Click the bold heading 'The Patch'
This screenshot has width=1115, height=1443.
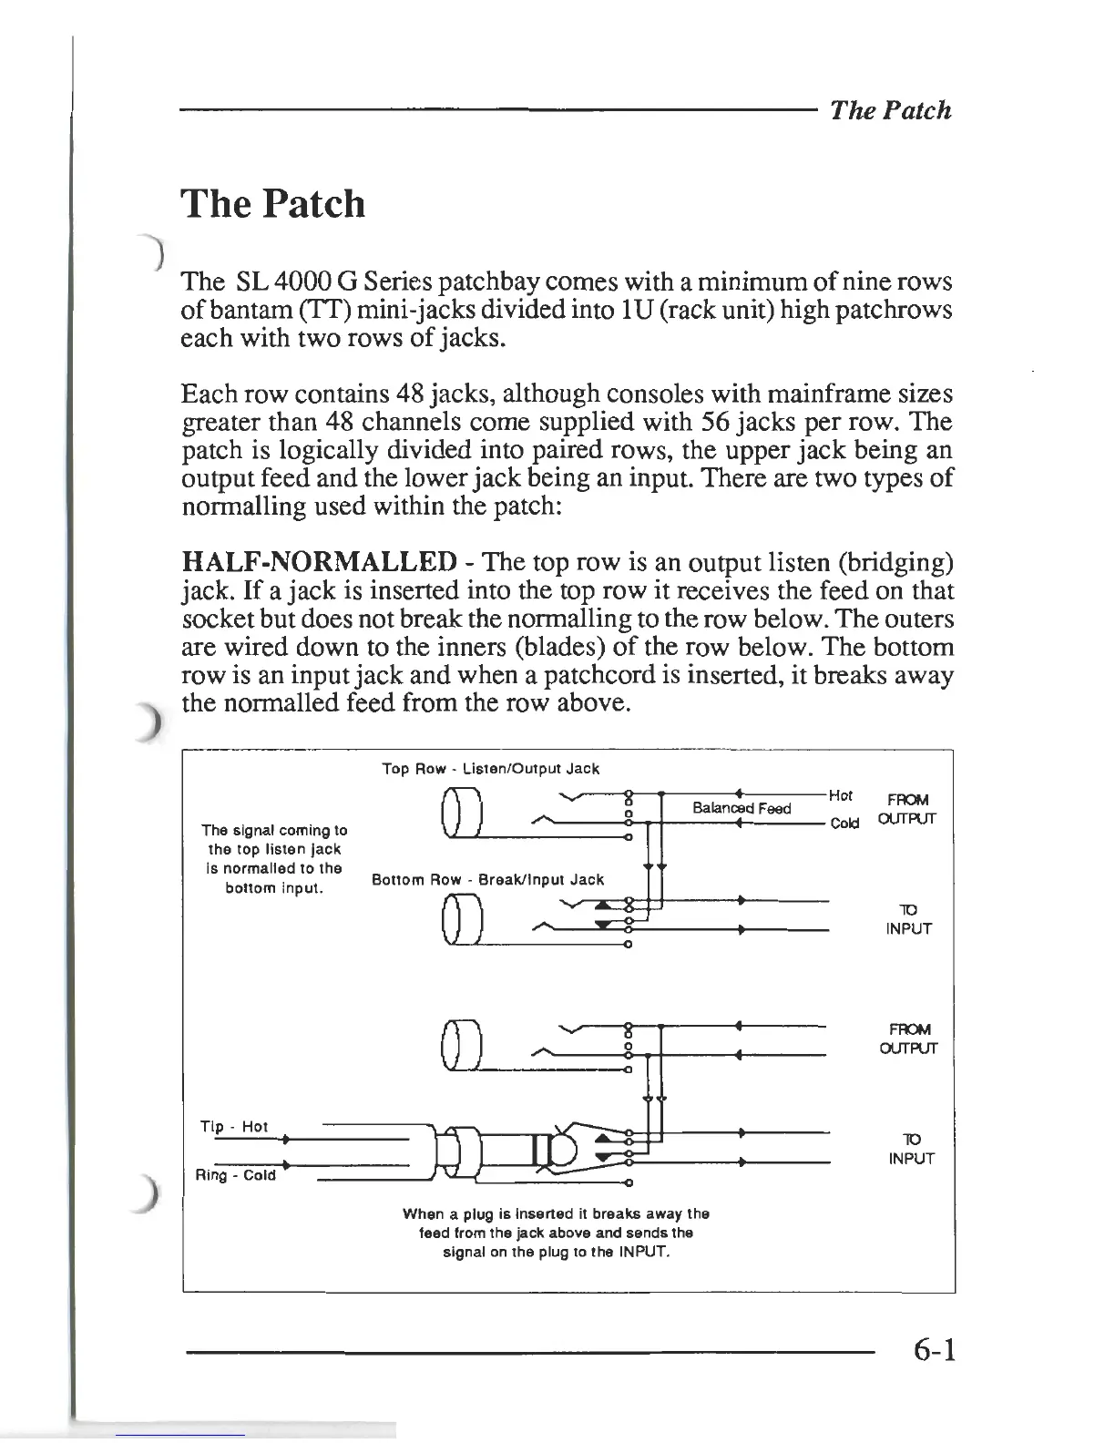click(x=273, y=203)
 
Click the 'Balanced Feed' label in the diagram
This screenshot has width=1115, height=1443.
click(x=742, y=808)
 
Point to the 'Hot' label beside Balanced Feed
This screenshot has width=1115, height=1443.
click(x=841, y=795)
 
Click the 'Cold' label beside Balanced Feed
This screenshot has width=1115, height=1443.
click(x=844, y=824)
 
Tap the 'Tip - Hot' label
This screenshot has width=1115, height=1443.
click(x=234, y=1127)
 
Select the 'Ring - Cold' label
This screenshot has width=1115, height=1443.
click(x=236, y=1175)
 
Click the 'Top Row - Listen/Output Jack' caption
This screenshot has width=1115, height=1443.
click(x=490, y=769)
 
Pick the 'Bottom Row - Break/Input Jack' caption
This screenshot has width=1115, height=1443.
click(x=488, y=879)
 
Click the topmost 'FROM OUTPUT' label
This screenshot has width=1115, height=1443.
click(x=907, y=809)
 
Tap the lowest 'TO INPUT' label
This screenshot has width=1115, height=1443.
click(x=910, y=1149)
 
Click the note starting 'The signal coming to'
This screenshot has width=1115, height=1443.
click(x=274, y=858)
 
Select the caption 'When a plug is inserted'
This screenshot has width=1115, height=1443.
click(x=556, y=1233)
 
